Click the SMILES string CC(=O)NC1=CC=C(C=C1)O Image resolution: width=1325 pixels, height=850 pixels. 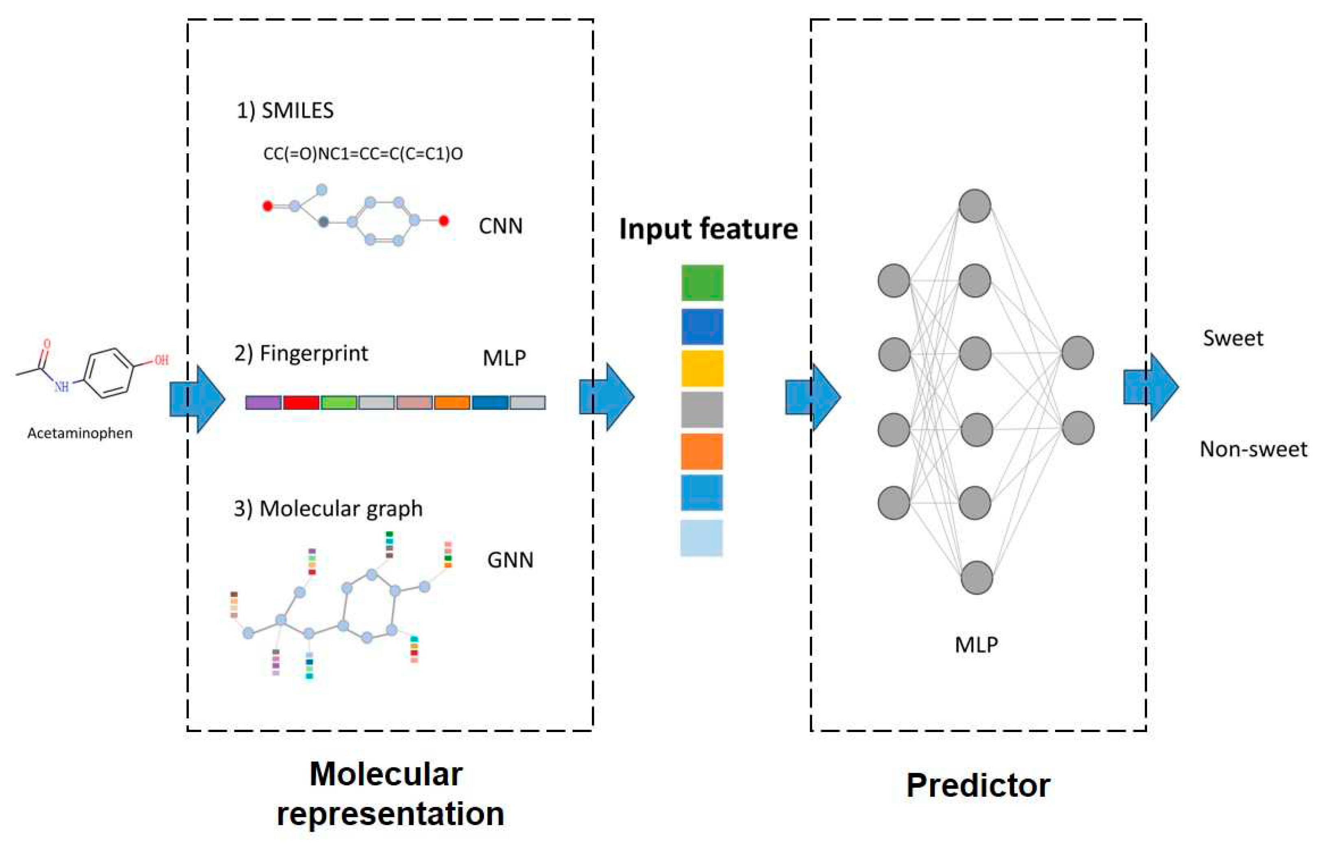(363, 154)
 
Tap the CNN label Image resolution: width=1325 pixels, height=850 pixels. (500, 226)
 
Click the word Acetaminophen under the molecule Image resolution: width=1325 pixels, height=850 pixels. (80, 433)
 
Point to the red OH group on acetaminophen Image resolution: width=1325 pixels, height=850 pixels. (161, 360)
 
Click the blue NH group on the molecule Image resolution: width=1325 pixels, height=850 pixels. (61, 386)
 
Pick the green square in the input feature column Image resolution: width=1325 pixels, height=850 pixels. (702, 283)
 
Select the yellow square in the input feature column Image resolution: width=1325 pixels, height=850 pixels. (702, 368)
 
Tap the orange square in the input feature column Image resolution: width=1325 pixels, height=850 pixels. (702, 451)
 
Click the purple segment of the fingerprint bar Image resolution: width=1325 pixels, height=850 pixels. (263, 402)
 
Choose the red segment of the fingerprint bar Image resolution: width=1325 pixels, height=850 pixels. (301, 402)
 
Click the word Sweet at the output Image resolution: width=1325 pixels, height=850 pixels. (1233, 338)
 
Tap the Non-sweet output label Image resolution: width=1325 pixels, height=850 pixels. (1253, 449)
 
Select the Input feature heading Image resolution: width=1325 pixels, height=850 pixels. (708, 229)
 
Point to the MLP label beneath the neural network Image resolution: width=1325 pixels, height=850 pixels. (976, 645)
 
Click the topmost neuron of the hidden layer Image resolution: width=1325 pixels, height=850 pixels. (974, 206)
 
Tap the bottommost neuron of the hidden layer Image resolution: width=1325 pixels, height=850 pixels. (976, 578)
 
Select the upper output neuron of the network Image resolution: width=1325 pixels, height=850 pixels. (1077, 353)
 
